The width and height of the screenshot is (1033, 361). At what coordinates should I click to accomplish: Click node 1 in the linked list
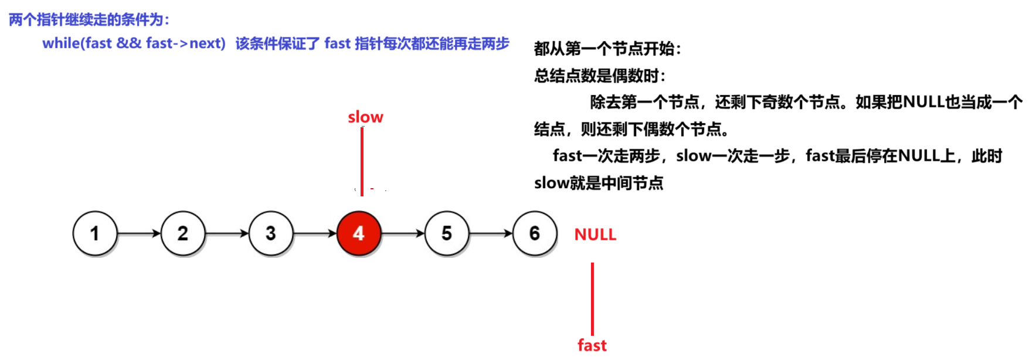pos(95,233)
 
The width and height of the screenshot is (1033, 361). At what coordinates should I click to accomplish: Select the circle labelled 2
pos(183,233)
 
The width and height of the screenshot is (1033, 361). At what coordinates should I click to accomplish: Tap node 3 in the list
pos(271,233)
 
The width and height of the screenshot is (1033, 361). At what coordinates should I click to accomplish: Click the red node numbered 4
pos(359,233)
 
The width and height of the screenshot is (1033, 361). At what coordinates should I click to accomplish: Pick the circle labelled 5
pos(447,233)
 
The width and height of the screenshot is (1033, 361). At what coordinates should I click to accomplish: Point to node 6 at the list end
pos(535,233)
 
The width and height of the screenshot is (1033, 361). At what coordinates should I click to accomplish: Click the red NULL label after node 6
pos(595,234)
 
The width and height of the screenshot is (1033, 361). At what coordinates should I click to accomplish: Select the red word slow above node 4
pos(365,117)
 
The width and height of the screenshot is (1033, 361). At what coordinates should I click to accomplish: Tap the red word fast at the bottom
pos(592,345)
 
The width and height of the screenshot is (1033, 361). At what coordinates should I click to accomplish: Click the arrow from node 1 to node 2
pos(139,233)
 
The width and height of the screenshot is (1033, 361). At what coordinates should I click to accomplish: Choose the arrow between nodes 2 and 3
pos(227,233)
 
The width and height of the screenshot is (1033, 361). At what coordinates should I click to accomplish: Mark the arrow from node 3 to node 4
pos(315,233)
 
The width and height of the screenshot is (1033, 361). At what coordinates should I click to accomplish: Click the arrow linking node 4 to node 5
pos(403,233)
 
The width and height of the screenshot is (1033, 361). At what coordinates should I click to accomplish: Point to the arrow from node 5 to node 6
pos(491,233)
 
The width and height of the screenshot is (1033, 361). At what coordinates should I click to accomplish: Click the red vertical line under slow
pos(362,161)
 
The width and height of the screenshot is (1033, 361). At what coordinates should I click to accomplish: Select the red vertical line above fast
pos(593,299)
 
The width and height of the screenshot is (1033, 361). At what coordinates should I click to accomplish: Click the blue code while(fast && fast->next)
pos(134,43)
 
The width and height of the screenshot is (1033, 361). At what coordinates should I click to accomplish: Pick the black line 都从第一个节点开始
pos(607,49)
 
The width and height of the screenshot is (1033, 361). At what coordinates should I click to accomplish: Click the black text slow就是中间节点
pos(599,183)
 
